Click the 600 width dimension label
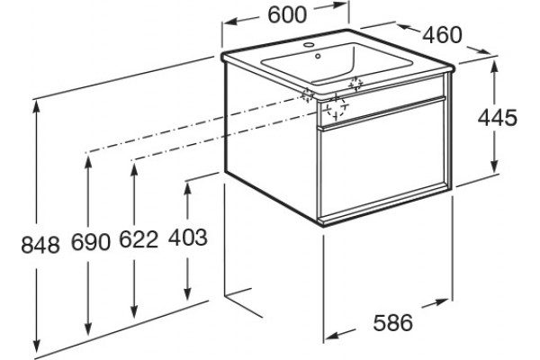tap(287, 15)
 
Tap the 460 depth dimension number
tap(442, 35)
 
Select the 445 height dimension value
tap(498, 118)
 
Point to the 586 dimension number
tap(393, 323)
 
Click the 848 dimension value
tap(40, 246)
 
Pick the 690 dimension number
tap(91, 242)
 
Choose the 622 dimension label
tap(139, 239)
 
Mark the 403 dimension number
tap(188, 238)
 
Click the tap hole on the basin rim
tap(309, 44)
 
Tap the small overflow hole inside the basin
tap(318, 56)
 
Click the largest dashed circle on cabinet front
tap(336, 107)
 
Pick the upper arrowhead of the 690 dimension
tap(88, 163)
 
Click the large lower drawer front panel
tap(382, 158)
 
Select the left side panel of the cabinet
tap(271, 141)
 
